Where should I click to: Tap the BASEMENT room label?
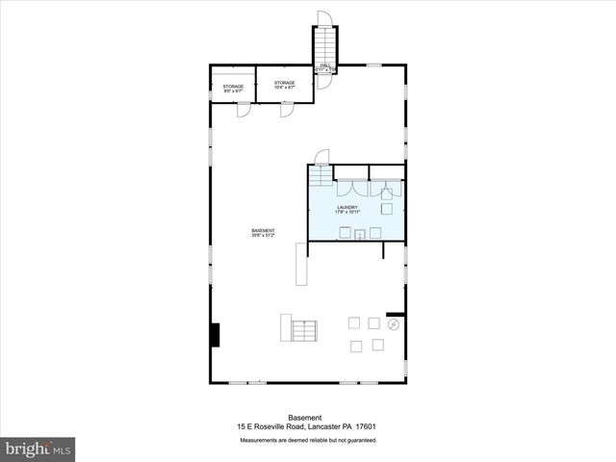(264, 232)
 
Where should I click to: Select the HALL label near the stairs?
(325, 67)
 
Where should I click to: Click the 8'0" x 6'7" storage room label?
(234, 88)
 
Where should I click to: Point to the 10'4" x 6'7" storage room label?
(284, 85)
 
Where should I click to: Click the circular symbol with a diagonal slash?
(393, 325)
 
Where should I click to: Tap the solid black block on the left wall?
(215, 334)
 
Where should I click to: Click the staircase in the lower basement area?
(304, 330)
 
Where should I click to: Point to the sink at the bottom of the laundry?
(358, 233)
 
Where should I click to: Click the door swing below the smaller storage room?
(244, 110)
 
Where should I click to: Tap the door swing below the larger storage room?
(286, 110)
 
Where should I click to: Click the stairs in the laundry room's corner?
(320, 180)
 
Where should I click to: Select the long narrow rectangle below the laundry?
(301, 264)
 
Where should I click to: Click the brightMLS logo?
(38, 449)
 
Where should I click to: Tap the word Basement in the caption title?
(307, 417)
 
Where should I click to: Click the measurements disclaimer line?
(307, 440)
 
